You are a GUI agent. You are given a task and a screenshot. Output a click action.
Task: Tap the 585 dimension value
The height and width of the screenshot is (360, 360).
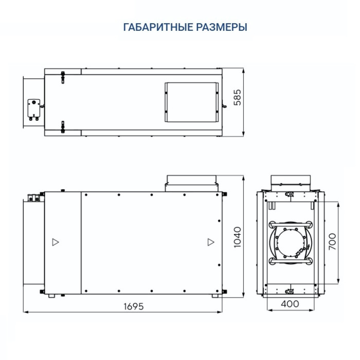[237, 98]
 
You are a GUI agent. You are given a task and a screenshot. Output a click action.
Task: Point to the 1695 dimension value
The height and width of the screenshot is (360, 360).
[133, 306]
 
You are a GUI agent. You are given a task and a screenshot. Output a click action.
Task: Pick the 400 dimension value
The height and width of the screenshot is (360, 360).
[290, 304]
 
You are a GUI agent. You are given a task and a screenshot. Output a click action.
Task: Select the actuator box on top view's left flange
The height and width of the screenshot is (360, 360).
[34, 109]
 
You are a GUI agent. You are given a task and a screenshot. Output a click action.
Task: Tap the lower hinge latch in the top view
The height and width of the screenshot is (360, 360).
[63, 126]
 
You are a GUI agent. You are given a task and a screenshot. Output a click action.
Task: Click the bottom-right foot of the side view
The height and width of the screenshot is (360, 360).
[212, 296]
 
